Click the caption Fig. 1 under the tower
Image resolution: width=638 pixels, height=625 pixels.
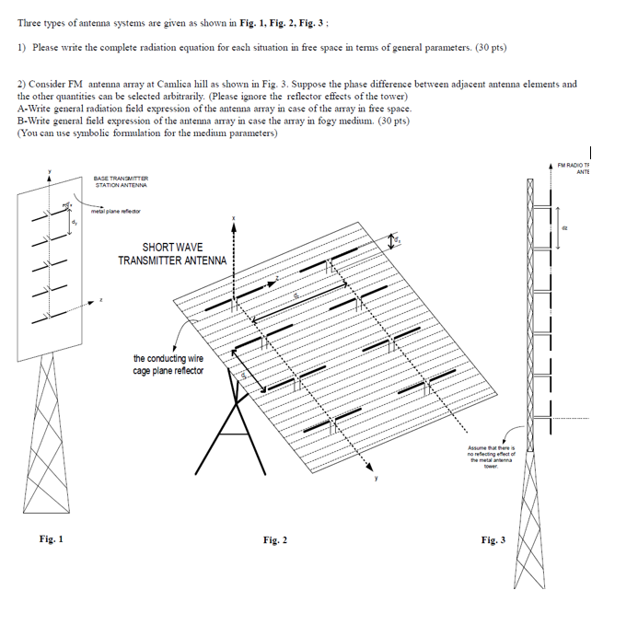[51, 539]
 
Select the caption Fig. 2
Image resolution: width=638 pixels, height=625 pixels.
[274, 539]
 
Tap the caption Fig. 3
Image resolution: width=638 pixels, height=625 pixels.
[493, 539]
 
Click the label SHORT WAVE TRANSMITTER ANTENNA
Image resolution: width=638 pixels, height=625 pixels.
[172, 254]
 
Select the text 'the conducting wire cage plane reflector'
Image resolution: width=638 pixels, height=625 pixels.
[168, 365]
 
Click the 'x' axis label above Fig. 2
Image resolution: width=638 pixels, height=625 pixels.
[234, 218]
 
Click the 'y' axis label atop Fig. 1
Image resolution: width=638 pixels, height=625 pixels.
[50, 169]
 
